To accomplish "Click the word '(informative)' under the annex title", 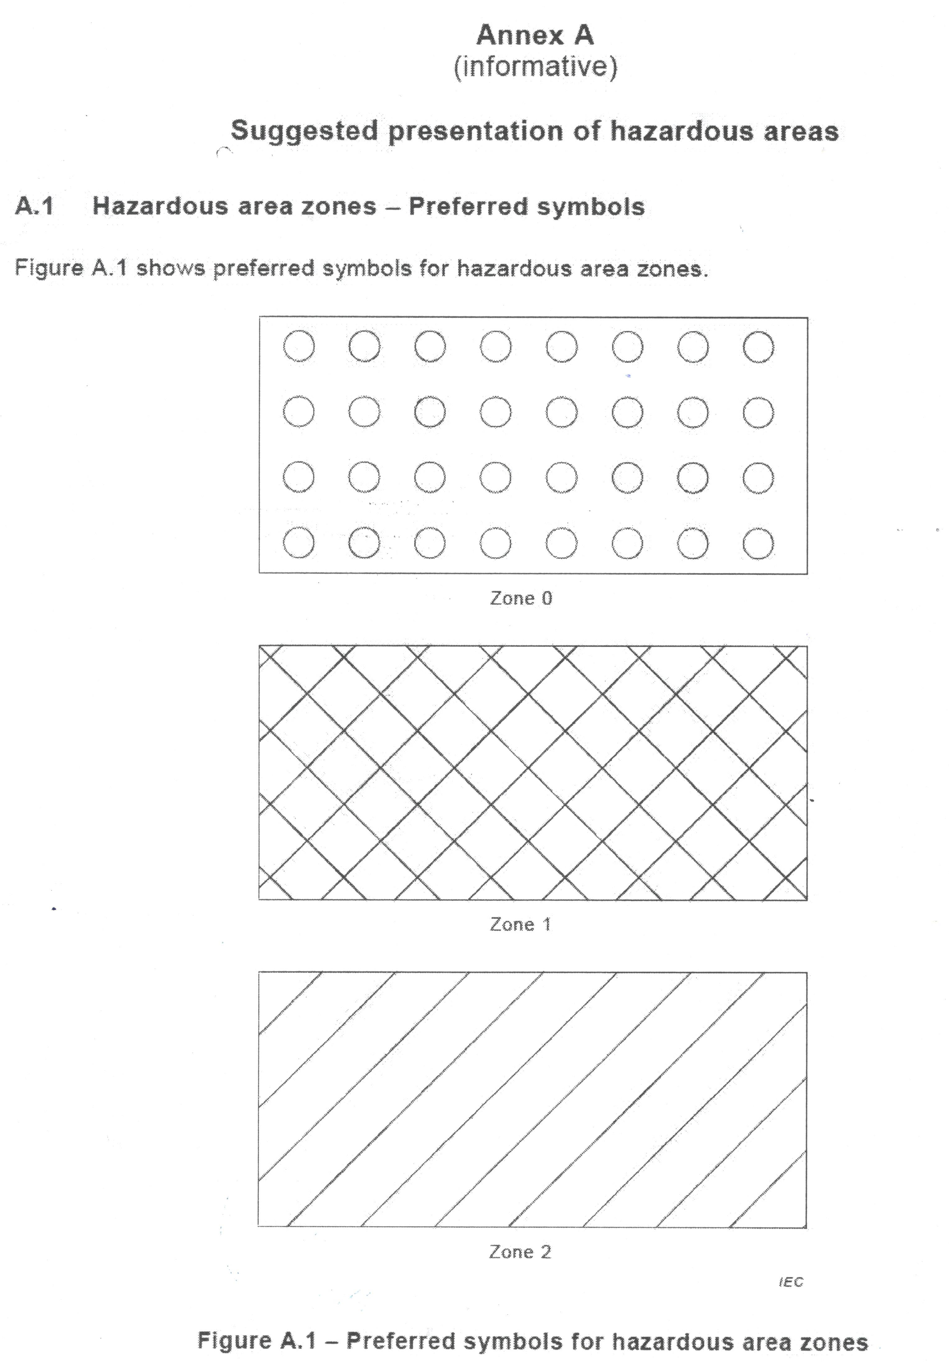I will click(535, 67).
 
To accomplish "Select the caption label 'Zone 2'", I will click(520, 1252).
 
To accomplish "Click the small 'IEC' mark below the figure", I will click(791, 1282).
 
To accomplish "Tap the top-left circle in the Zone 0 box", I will click(298, 346).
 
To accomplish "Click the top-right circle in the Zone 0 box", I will click(758, 346).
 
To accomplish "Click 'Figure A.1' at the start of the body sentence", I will click(71, 268).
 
